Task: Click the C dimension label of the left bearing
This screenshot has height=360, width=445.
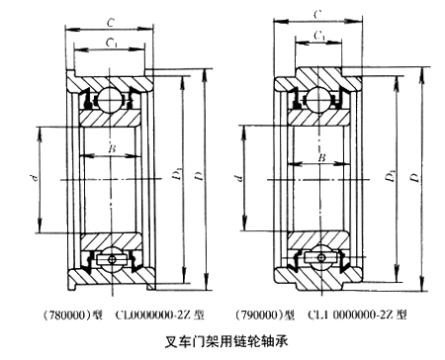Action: (111, 23)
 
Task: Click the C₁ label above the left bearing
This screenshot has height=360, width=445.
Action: (112, 43)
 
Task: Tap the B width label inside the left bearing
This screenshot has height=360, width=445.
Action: (112, 149)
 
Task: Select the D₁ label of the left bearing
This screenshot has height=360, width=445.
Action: (178, 174)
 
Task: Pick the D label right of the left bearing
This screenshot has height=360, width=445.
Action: (199, 176)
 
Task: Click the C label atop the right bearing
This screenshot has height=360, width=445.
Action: (317, 14)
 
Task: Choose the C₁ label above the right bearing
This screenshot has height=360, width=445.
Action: (318, 36)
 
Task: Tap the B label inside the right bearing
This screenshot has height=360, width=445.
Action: (322, 157)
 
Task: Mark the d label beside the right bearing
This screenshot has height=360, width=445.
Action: (239, 178)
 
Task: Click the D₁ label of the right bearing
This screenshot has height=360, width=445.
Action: (391, 176)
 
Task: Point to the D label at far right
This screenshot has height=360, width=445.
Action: (416, 177)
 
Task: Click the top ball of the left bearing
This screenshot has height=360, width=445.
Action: (110, 99)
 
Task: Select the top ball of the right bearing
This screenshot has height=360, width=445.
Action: (318, 99)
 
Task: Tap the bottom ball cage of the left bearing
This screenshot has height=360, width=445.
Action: (112, 259)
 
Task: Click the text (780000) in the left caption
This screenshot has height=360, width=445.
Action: (67, 315)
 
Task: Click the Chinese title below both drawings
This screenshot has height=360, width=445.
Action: (226, 342)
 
